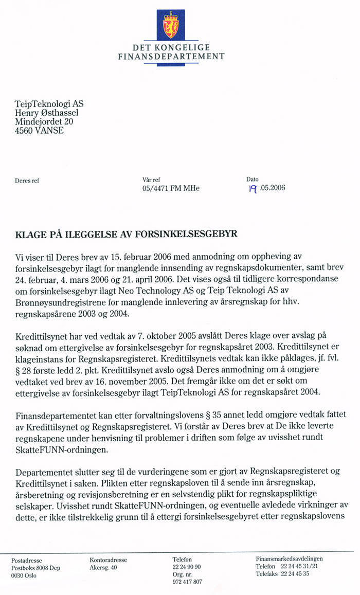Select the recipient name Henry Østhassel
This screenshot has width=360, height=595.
tap(47, 113)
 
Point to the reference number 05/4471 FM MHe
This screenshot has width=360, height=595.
tap(170, 188)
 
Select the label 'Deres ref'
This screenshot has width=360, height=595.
tap(27, 181)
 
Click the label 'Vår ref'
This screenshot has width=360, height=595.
tap(151, 180)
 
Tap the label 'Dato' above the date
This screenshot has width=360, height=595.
tap(252, 179)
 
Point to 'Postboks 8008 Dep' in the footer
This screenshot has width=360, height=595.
tap(35, 568)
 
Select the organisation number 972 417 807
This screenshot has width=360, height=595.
tap(187, 582)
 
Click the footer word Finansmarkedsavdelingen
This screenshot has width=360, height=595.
tap(290, 558)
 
